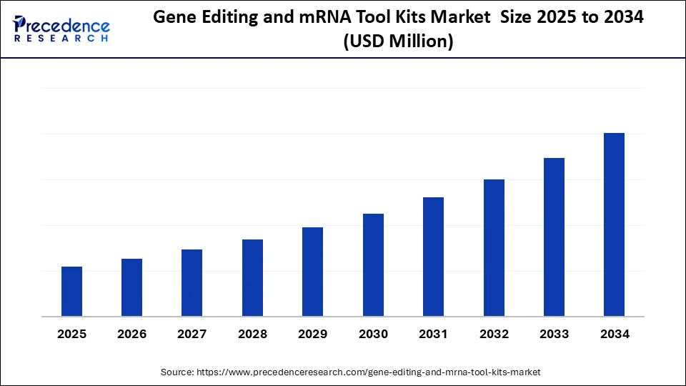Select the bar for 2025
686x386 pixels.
pyautogui.click(x=71, y=292)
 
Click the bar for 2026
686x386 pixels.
pyautogui.click(x=131, y=287)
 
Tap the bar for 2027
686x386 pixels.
pyautogui.click(x=192, y=283)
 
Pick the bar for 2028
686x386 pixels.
pyautogui.click(x=252, y=278)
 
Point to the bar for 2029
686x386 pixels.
pyautogui.click(x=312, y=272)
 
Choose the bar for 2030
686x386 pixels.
pyautogui.click(x=373, y=265)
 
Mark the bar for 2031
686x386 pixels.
pyautogui.click(x=433, y=257)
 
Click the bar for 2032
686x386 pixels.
pyautogui.click(x=494, y=248)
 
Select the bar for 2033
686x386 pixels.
pyautogui.click(x=554, y=237)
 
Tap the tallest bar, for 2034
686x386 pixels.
pyautogui.click(x=614, y=224)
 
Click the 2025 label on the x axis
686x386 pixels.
pyautogui.click(x=71, y=334)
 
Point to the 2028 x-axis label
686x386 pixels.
pyautogui.click(x=252, y=334)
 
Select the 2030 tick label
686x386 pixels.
pyautogui.click(x=373, y=334)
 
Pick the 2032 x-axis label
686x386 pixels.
pyautogui.click(x=494, y=334)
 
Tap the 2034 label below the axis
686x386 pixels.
pyautogui.click(x=614, y=334)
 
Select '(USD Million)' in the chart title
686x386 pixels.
pyautogui.click(x=399, y=42)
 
